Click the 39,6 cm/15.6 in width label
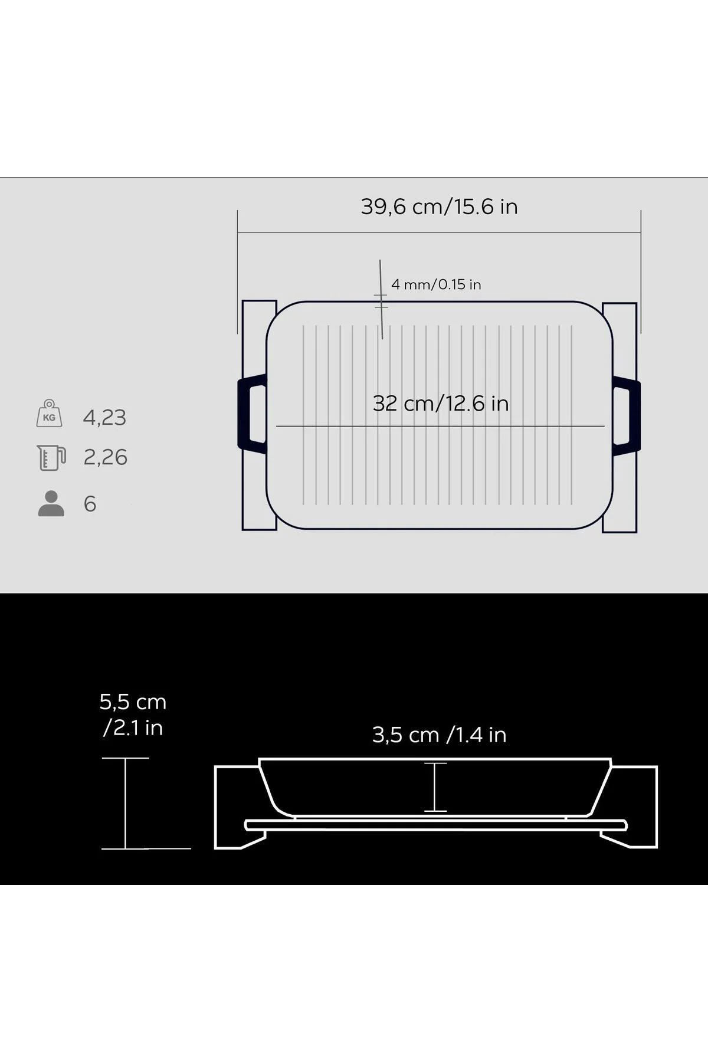tap(440, 207)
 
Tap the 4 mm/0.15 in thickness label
tap(436, 284)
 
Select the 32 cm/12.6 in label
tap(441, 404)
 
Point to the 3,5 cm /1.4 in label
tap(440, 735)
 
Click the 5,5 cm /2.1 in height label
tap(133, 714)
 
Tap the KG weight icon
tap(49, 413)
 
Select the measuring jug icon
tap(51, 458)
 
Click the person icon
tap(51, 504)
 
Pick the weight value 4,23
tap(104, 418)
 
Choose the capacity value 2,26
tap(105, 457)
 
